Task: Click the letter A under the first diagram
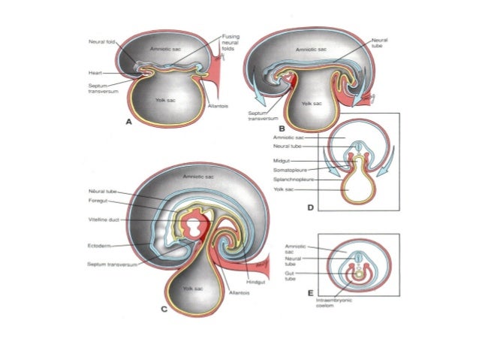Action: pos(129,121)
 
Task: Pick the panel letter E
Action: pos(310,292)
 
